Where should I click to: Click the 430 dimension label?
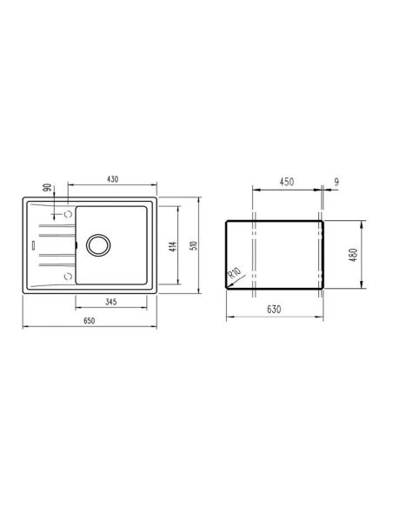tap(112, 179)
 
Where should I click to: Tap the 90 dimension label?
tap(47, 187)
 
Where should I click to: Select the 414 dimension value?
tap(174, 247)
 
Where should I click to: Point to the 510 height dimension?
tap(194, 245)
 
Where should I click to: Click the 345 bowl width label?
tap(110, 302)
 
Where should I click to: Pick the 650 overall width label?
tap(89, 320)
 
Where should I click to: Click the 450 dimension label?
tap(287, 182)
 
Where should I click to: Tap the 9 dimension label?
tap(336, 182)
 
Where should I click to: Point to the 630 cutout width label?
tap(274, 309)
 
